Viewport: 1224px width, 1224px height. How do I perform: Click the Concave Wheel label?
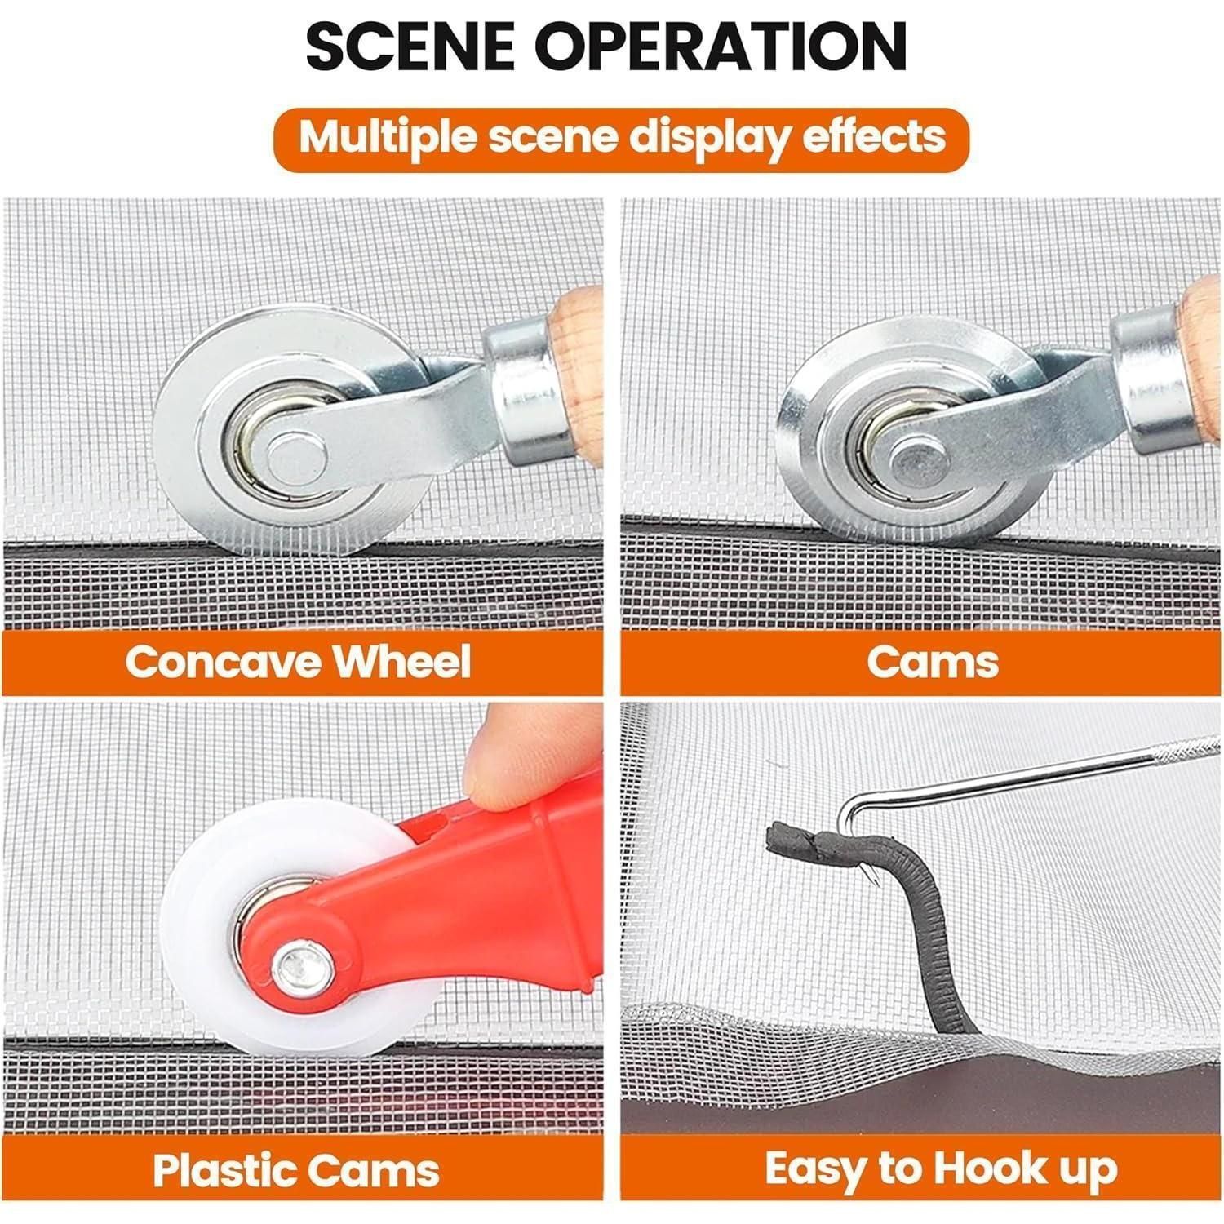click(299, 661)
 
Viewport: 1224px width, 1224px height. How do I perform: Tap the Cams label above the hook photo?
click(933, 661)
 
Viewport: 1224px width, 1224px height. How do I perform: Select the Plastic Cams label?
click(296, 1171)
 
